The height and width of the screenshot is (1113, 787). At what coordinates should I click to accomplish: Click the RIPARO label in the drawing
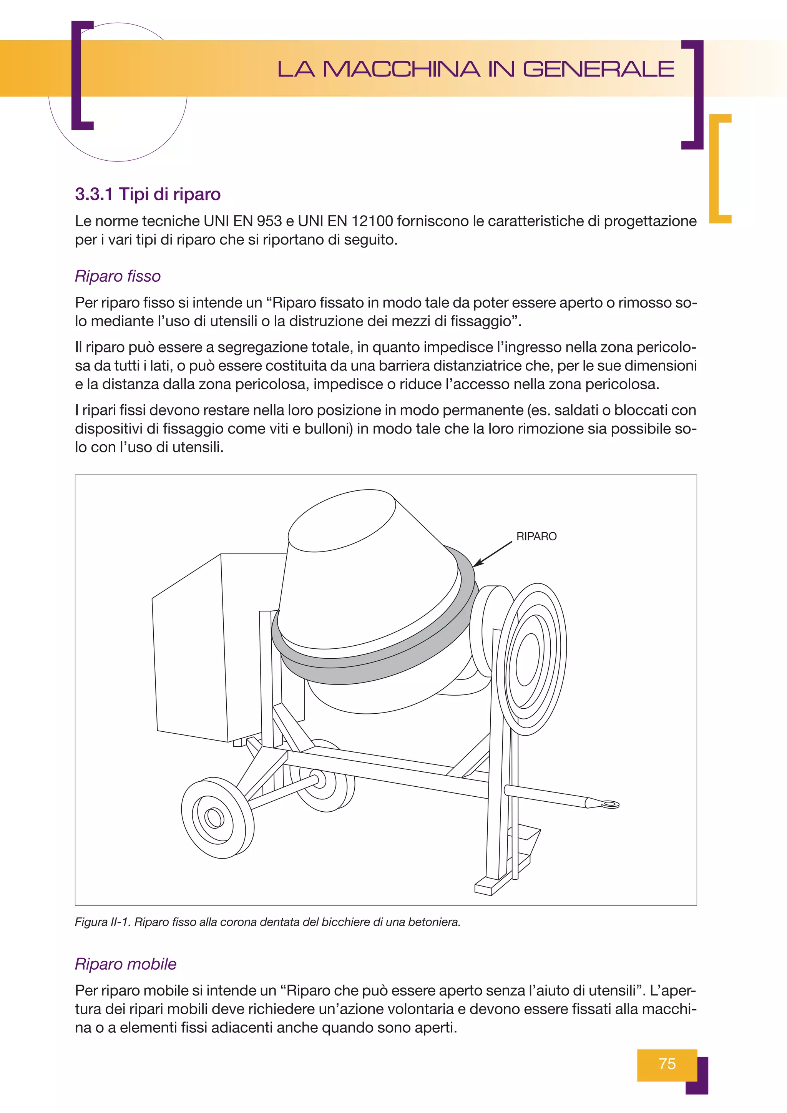click(x=536, y=536)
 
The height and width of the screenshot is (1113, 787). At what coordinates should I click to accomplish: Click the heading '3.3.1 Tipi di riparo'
click(x=148, y=194)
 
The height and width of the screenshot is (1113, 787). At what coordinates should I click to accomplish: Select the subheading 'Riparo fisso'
click(x=118, y=276)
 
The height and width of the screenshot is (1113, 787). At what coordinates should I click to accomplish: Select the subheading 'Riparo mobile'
click(x=126, y=964)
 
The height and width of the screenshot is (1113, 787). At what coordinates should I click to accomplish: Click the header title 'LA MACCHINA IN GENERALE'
click(x=476, y=69)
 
